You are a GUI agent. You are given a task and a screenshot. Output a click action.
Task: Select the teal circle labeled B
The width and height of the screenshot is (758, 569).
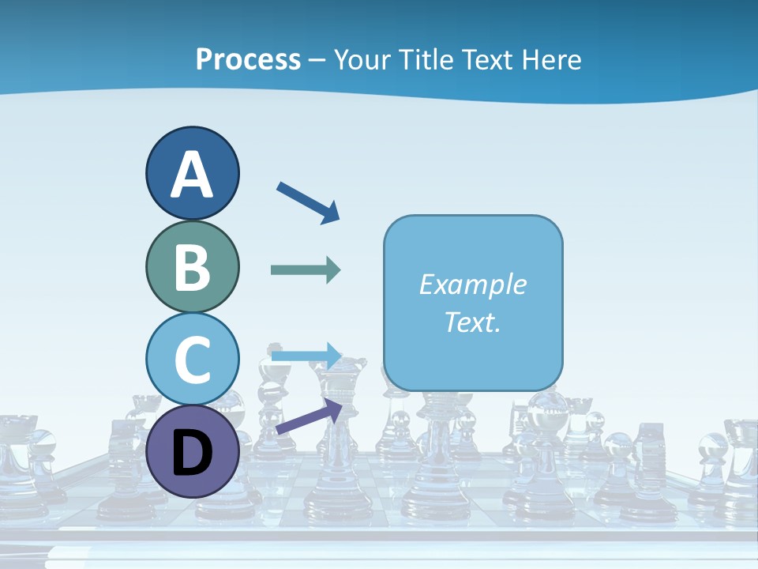point(193,266)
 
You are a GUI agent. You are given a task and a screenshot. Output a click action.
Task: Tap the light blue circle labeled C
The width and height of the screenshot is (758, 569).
point(193,360)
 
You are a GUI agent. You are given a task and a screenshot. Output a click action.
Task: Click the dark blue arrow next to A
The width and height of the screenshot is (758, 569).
point(308,202)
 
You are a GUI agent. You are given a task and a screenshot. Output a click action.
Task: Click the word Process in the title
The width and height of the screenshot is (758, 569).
point(248,60)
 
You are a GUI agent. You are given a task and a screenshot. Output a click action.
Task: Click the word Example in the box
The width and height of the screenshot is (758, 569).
point(472,284)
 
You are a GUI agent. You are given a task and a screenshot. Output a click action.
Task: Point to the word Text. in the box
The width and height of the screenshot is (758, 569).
point(472,322)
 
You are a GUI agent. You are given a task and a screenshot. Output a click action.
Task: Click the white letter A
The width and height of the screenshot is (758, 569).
point(193,175)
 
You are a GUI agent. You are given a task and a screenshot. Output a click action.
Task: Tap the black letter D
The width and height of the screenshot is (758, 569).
point(193,453)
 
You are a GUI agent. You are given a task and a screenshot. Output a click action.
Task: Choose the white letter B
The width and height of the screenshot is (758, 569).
point(193,267)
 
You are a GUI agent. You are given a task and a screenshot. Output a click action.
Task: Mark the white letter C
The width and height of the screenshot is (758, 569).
point(193,360)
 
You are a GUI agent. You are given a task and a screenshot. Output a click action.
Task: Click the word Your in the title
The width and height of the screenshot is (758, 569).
point(359,60)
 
